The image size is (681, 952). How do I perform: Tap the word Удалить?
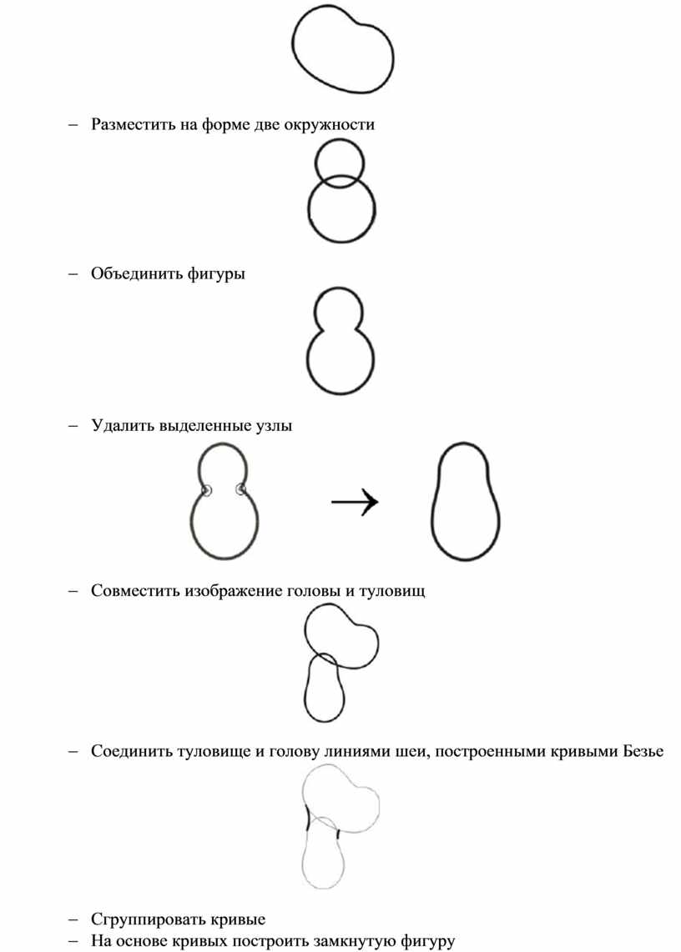tap(122, 425)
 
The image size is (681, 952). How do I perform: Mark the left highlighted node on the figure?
tap(206, 490)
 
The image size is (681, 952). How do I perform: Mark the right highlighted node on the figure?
tap(242, 489)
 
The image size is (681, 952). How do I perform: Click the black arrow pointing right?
tap(355, 502)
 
